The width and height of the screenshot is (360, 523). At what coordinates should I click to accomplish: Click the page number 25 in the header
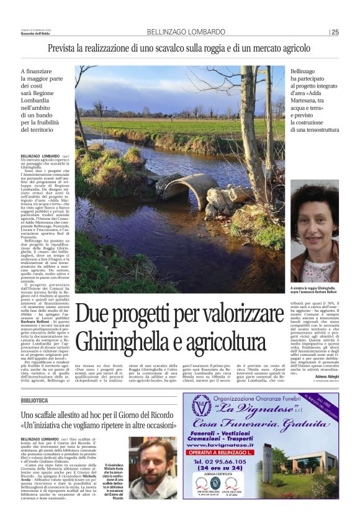(x=335, y=32)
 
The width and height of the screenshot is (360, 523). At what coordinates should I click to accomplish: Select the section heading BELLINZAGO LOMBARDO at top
(x=186, y=32)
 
